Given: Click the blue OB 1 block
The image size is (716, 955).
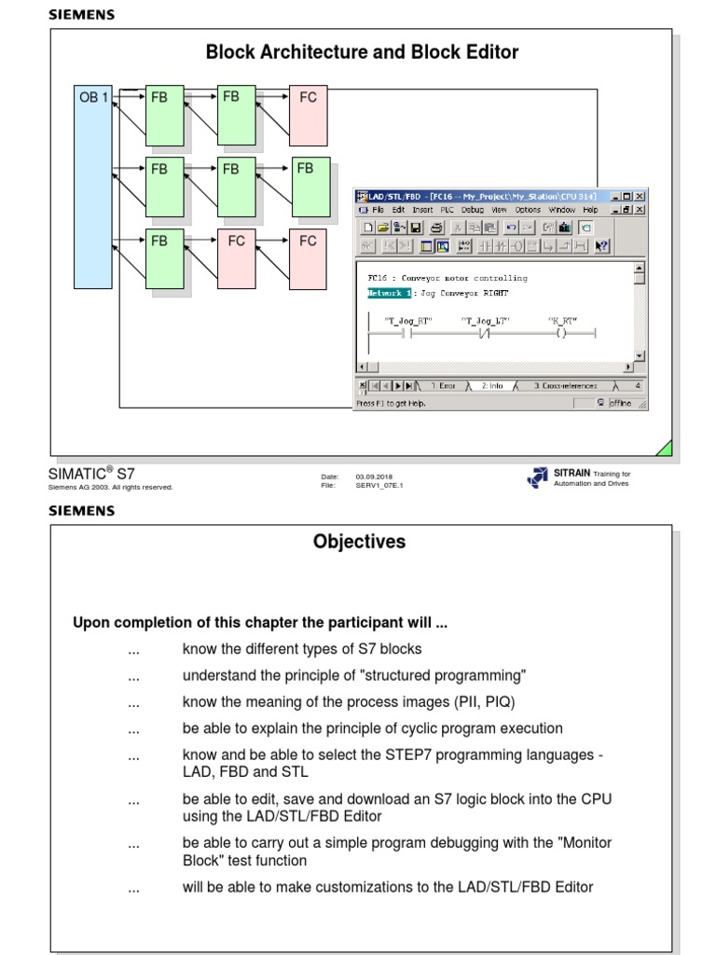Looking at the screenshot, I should (x=92, y=187).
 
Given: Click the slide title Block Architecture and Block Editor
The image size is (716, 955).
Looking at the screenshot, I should (x=362, y=52).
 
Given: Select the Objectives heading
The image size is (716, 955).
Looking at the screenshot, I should (x=359, y=542).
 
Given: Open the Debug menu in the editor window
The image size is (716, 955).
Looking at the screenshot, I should (x=472, y=210).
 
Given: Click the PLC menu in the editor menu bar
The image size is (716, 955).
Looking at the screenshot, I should (x=447, y=210).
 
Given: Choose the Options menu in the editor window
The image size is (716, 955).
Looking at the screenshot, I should (x=528, y=210).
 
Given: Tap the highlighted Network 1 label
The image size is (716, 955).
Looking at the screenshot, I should (x=389, y=293).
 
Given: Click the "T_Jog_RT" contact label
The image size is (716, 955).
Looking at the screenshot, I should (x=408, y=321).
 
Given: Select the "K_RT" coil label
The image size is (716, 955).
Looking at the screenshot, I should (x=561, y=321).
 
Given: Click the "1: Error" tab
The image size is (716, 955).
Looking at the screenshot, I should (x=443, y=385).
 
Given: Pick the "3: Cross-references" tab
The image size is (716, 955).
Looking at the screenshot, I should (x=565, y=385).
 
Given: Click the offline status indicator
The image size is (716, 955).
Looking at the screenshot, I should (x=620, y=403).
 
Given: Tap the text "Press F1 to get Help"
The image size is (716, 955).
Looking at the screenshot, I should (x=392, y=403).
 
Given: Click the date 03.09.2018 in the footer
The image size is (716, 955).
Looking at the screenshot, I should (x=374, y=477).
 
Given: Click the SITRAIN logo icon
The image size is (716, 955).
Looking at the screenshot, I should (x=537, y=477).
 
